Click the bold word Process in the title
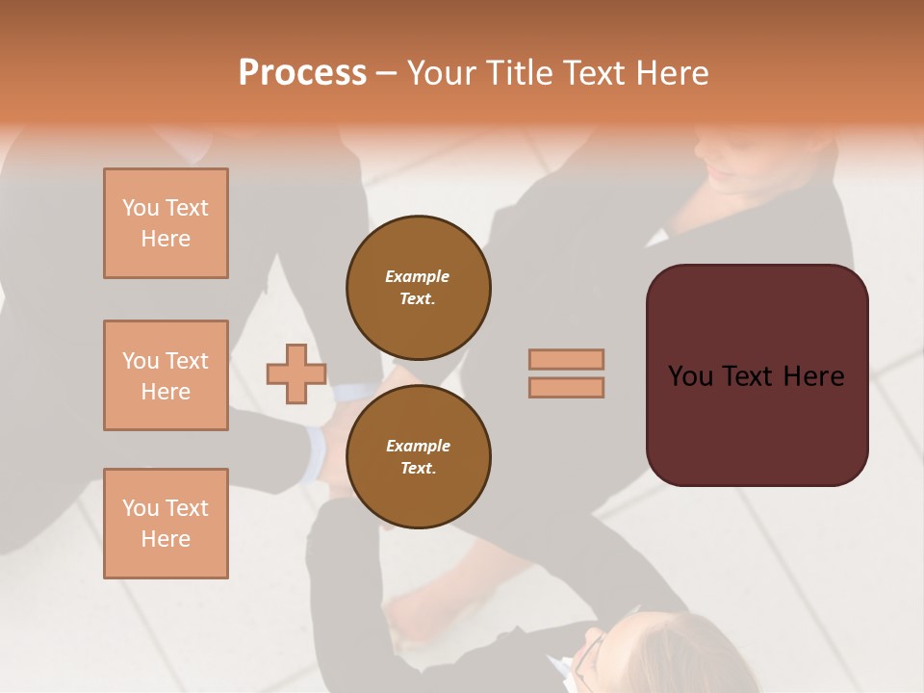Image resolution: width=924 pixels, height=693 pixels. pos(302,73)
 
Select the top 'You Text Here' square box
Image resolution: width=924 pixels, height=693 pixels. pos(166,223)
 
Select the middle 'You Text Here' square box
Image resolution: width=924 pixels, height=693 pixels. pos(166,375)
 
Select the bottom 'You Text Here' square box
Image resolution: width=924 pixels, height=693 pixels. pos(166,524)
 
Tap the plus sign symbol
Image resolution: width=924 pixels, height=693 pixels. pos(296,373)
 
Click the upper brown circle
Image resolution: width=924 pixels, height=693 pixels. pos(419,288)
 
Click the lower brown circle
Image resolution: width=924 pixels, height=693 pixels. pos(419,457)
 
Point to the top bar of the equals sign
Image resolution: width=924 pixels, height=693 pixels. pos(567,359)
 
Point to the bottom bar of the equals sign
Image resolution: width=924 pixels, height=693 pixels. pos(567,387)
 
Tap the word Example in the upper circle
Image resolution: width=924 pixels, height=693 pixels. pos(418,276)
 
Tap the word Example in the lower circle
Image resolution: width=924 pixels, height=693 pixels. pos(418,446)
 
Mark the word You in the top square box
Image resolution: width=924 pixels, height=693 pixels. pos(140,208)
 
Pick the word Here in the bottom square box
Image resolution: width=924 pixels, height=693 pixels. pos(166,539)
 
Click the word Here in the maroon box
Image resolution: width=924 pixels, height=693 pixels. pos(813,376)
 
